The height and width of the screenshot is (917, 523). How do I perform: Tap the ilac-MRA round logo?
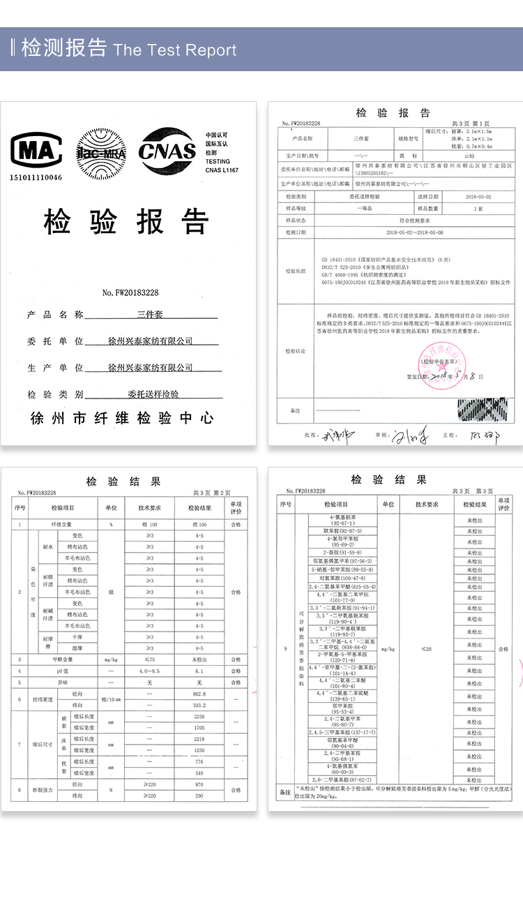[x=100, y=151]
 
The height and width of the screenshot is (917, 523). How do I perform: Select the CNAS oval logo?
[x=167, y=151]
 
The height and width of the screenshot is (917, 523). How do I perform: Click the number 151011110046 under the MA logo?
[x=36, y=177]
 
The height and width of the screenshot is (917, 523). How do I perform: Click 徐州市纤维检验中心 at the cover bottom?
[x=122, y=419]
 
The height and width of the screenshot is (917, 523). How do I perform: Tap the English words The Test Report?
[x=175, y=50]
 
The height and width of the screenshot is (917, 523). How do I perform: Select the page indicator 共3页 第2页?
[x=211, y=493]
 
